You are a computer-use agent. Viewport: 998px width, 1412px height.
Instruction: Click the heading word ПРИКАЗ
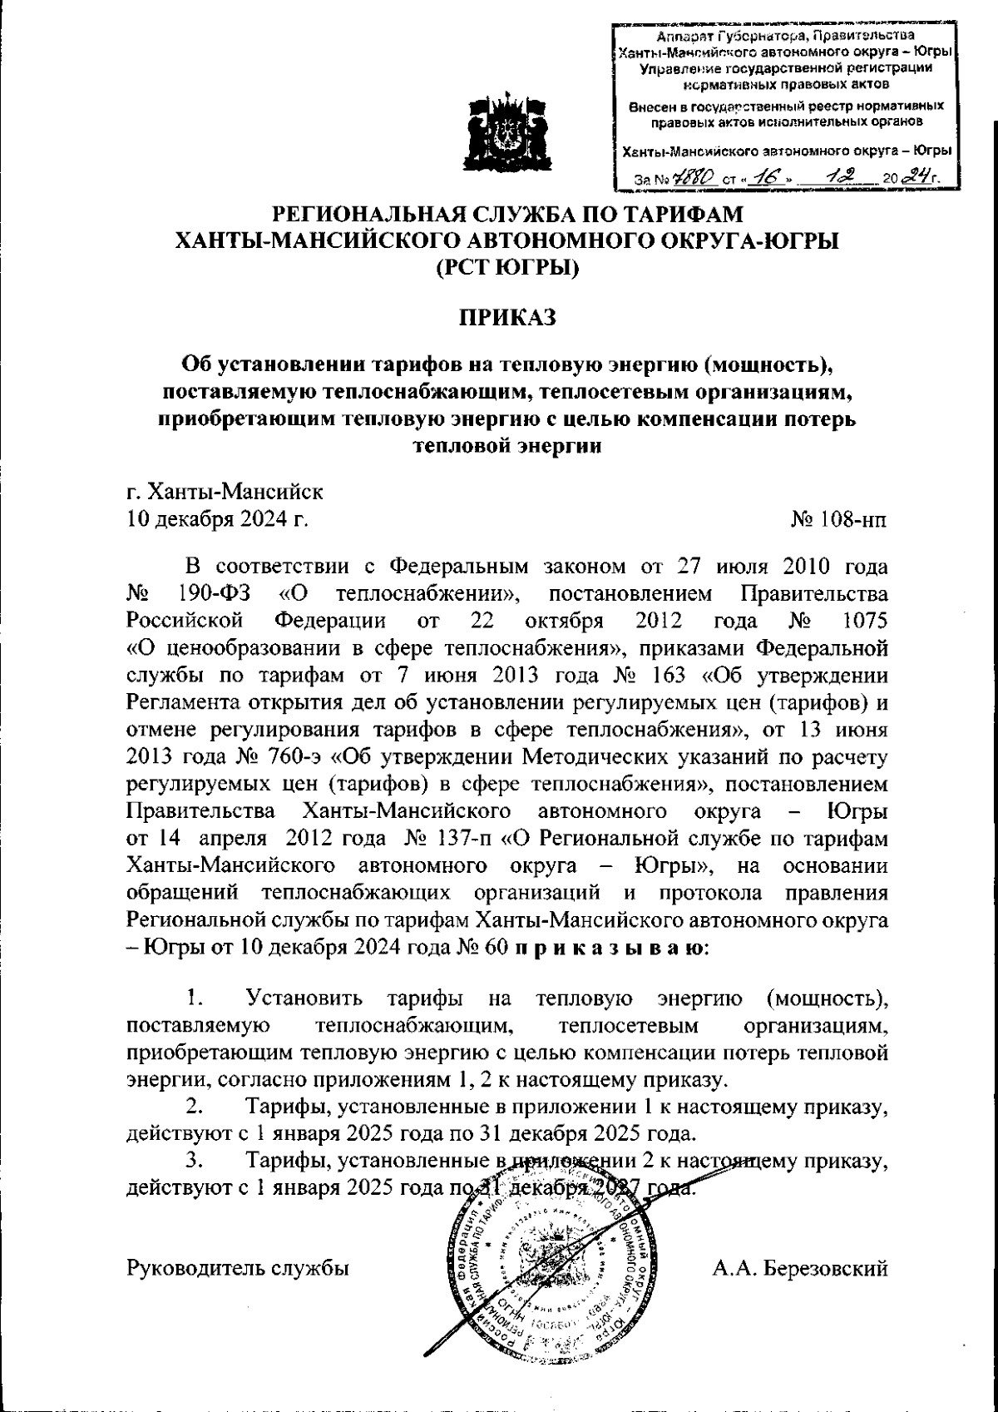[x=506, y=318]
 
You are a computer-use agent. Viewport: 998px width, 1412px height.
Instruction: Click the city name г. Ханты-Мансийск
[x=224, y=491]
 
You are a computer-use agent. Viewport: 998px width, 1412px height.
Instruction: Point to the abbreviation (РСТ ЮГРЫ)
[x=506, y=269]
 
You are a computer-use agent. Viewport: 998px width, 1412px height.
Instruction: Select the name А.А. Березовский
[x=800, y=1268]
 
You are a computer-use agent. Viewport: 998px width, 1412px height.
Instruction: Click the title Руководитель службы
[x=236, y=1268]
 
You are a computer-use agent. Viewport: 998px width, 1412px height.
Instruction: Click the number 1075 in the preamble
[x=864, y=622]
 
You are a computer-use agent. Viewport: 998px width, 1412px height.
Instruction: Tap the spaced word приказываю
[x=609, y=947]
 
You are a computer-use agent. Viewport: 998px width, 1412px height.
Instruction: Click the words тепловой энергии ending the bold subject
[x=506, y=445]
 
